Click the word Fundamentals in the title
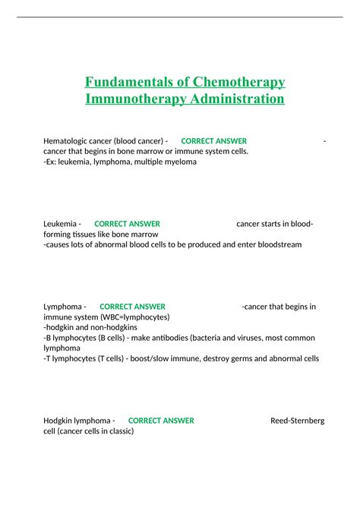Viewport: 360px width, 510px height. pos(126,82)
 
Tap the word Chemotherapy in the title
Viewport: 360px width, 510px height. pos(234,82)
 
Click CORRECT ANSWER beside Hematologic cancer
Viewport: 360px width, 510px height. pos(213,141)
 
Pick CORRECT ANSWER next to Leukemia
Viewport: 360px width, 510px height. pos(127,224)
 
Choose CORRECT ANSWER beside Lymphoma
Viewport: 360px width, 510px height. pos(132,307)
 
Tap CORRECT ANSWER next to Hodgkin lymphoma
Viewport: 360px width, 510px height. pos(161,420)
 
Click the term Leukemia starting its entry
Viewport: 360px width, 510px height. pos(60,224)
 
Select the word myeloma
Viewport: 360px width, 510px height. pos(178,162)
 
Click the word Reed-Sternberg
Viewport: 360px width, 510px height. pos(297,420)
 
